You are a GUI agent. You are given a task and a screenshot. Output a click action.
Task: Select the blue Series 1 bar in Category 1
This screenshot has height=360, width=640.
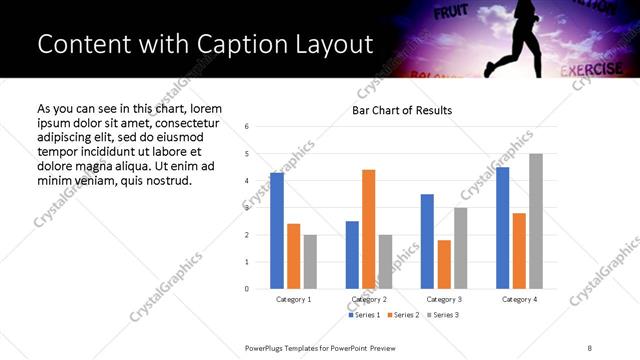coord(277,230)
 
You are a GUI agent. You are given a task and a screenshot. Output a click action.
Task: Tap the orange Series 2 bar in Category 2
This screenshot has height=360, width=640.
coord(368,229)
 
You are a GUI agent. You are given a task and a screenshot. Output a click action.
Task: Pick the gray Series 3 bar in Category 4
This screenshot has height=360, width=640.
coord(536,221)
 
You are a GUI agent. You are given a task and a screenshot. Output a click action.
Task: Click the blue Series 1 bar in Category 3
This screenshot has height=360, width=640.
coord(427,241)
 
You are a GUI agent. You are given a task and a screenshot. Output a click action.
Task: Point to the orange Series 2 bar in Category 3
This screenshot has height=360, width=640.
coord(444,264)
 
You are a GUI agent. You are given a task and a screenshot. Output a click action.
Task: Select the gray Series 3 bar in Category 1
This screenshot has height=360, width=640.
coord(310,261)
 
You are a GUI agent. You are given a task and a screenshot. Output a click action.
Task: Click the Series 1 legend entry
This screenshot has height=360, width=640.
coord(363,315)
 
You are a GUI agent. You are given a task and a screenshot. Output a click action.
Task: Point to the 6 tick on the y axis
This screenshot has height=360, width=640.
coord(246,127)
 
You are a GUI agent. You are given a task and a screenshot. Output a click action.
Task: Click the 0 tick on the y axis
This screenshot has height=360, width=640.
coord(246,289)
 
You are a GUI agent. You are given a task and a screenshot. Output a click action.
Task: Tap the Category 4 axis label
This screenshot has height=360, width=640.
coord(519,299)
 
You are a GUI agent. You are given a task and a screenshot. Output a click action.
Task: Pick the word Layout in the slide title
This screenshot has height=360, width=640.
coord(335,44)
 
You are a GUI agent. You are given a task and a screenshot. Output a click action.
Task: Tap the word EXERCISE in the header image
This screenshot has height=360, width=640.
coord(594,71)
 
